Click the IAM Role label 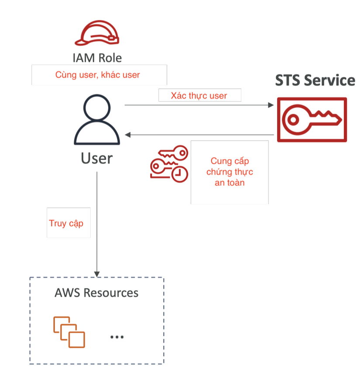pos(97,58)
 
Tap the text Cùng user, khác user pos(98,75)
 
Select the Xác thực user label pos(199,95)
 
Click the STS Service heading pos(315,81)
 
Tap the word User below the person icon pos(96,158)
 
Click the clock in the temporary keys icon pos(179,174)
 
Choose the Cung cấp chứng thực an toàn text pos(230,172)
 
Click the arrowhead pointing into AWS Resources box pos(97,273)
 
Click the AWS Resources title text pos(96,293)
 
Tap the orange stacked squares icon pos(69,332)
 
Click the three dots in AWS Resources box pos(117,337)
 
